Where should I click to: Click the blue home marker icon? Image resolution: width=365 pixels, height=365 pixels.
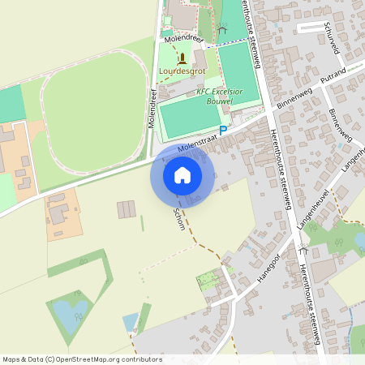point(182,174)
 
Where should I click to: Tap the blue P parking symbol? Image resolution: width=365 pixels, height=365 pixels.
point(223,130)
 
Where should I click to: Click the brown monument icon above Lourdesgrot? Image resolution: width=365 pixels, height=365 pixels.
point(182,58)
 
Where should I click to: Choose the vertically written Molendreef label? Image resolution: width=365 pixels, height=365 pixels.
point(151,109)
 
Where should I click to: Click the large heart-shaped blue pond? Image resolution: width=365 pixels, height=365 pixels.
point(68,310)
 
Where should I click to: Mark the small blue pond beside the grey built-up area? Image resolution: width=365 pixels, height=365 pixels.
point(131,322)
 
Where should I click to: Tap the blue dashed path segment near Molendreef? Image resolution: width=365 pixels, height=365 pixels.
point(213,43)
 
